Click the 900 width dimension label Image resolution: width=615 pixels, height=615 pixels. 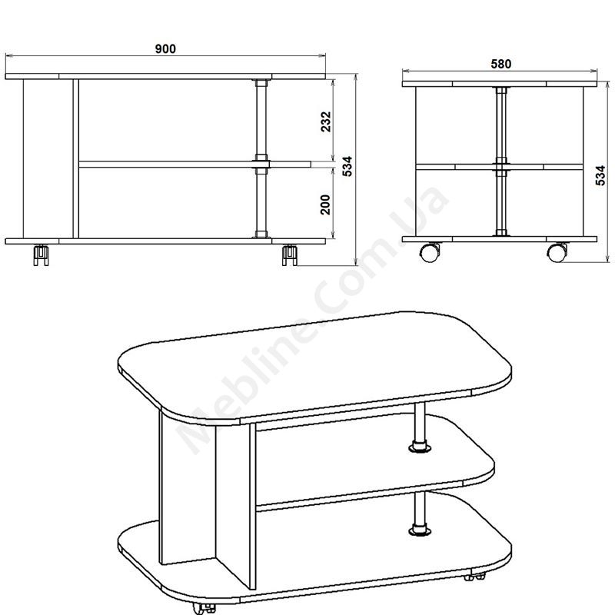165,49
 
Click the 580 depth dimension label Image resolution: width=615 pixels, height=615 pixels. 501,64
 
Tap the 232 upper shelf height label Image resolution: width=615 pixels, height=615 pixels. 326,121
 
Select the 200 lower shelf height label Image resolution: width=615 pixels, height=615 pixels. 325,204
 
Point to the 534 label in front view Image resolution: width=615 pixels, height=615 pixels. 347,166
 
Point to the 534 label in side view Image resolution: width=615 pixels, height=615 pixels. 600,175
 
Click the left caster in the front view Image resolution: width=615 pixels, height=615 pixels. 42,255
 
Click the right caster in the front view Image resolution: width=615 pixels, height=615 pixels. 290,255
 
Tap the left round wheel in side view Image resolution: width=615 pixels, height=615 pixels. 430,252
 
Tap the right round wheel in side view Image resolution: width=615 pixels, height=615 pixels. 557,252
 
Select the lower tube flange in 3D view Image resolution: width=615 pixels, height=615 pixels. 419,530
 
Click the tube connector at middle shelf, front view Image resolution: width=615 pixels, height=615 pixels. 261,164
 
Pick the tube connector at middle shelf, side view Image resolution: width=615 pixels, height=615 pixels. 501,166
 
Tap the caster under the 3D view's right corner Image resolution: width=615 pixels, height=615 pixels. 474,577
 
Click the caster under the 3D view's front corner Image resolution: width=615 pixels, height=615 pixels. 204,608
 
